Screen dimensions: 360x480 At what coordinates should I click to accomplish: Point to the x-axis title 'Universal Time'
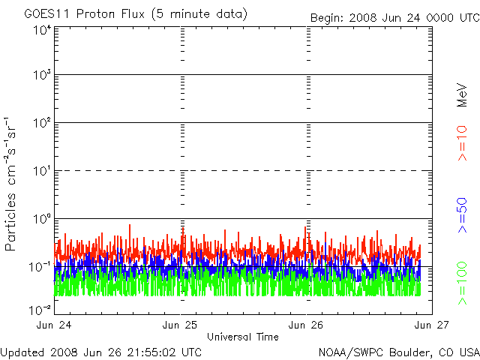242,337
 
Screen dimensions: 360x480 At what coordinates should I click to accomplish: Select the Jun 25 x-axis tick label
180,325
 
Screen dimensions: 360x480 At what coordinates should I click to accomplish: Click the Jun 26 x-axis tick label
306,325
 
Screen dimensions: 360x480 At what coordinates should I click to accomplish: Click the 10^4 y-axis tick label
41,30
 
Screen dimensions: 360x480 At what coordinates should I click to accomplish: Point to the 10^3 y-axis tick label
41,76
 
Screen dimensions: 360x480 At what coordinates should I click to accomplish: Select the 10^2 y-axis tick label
41,124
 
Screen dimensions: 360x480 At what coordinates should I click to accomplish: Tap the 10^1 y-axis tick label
41,172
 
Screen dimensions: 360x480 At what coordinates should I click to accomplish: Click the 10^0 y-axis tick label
41,220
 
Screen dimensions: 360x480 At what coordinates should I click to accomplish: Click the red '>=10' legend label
463,143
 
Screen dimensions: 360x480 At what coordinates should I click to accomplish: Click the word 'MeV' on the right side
463,94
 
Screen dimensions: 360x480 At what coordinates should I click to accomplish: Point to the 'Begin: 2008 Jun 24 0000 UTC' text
394,16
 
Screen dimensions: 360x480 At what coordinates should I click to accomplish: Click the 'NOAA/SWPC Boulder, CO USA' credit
398,352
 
